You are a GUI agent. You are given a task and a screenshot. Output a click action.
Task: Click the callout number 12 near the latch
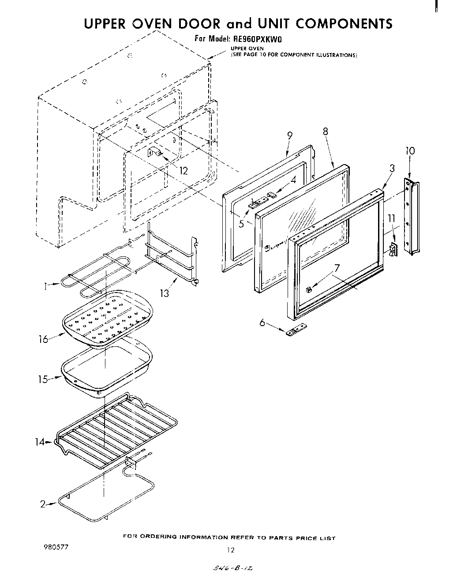click(184, 171)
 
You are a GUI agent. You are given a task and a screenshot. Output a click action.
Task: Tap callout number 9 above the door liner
click(290, 136)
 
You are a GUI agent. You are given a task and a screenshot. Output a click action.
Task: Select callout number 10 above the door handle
click(410, 151)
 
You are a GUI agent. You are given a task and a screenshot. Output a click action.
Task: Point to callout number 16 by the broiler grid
click(43, 340)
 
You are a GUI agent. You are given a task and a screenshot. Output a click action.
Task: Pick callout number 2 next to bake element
click(43, 504)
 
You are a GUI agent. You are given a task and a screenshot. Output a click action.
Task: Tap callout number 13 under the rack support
click(165, 293)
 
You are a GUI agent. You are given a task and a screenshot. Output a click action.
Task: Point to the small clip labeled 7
click(309, 289)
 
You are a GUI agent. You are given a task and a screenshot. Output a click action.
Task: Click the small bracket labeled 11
click(393, 249)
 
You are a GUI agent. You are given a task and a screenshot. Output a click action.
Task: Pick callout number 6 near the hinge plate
click(262, 323)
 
